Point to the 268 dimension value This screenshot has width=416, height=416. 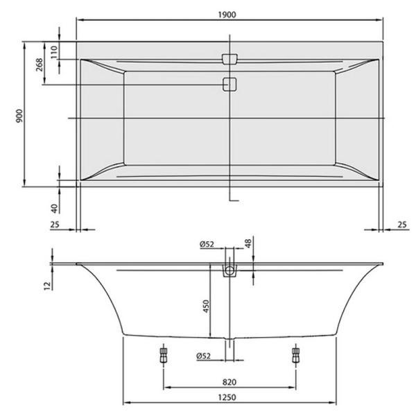pyautogui.click(x=40, y=64)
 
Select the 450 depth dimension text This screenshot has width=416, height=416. pyautogui.click(x=205, y=306)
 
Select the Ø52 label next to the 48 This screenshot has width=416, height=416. pyautogui.click(x=206, y=243)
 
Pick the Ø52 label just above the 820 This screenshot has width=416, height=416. pyautogui.click(x=205, y=356)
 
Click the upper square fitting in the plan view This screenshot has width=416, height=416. pyautogui.click(x=229, y=59)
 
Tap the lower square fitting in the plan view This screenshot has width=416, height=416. pyautogui.click(x=229, y=85)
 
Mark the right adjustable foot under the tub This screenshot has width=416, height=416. pyautogui.click(x=296, y=355)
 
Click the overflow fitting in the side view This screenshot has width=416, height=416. pyautogui.click(x=229, y=270)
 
